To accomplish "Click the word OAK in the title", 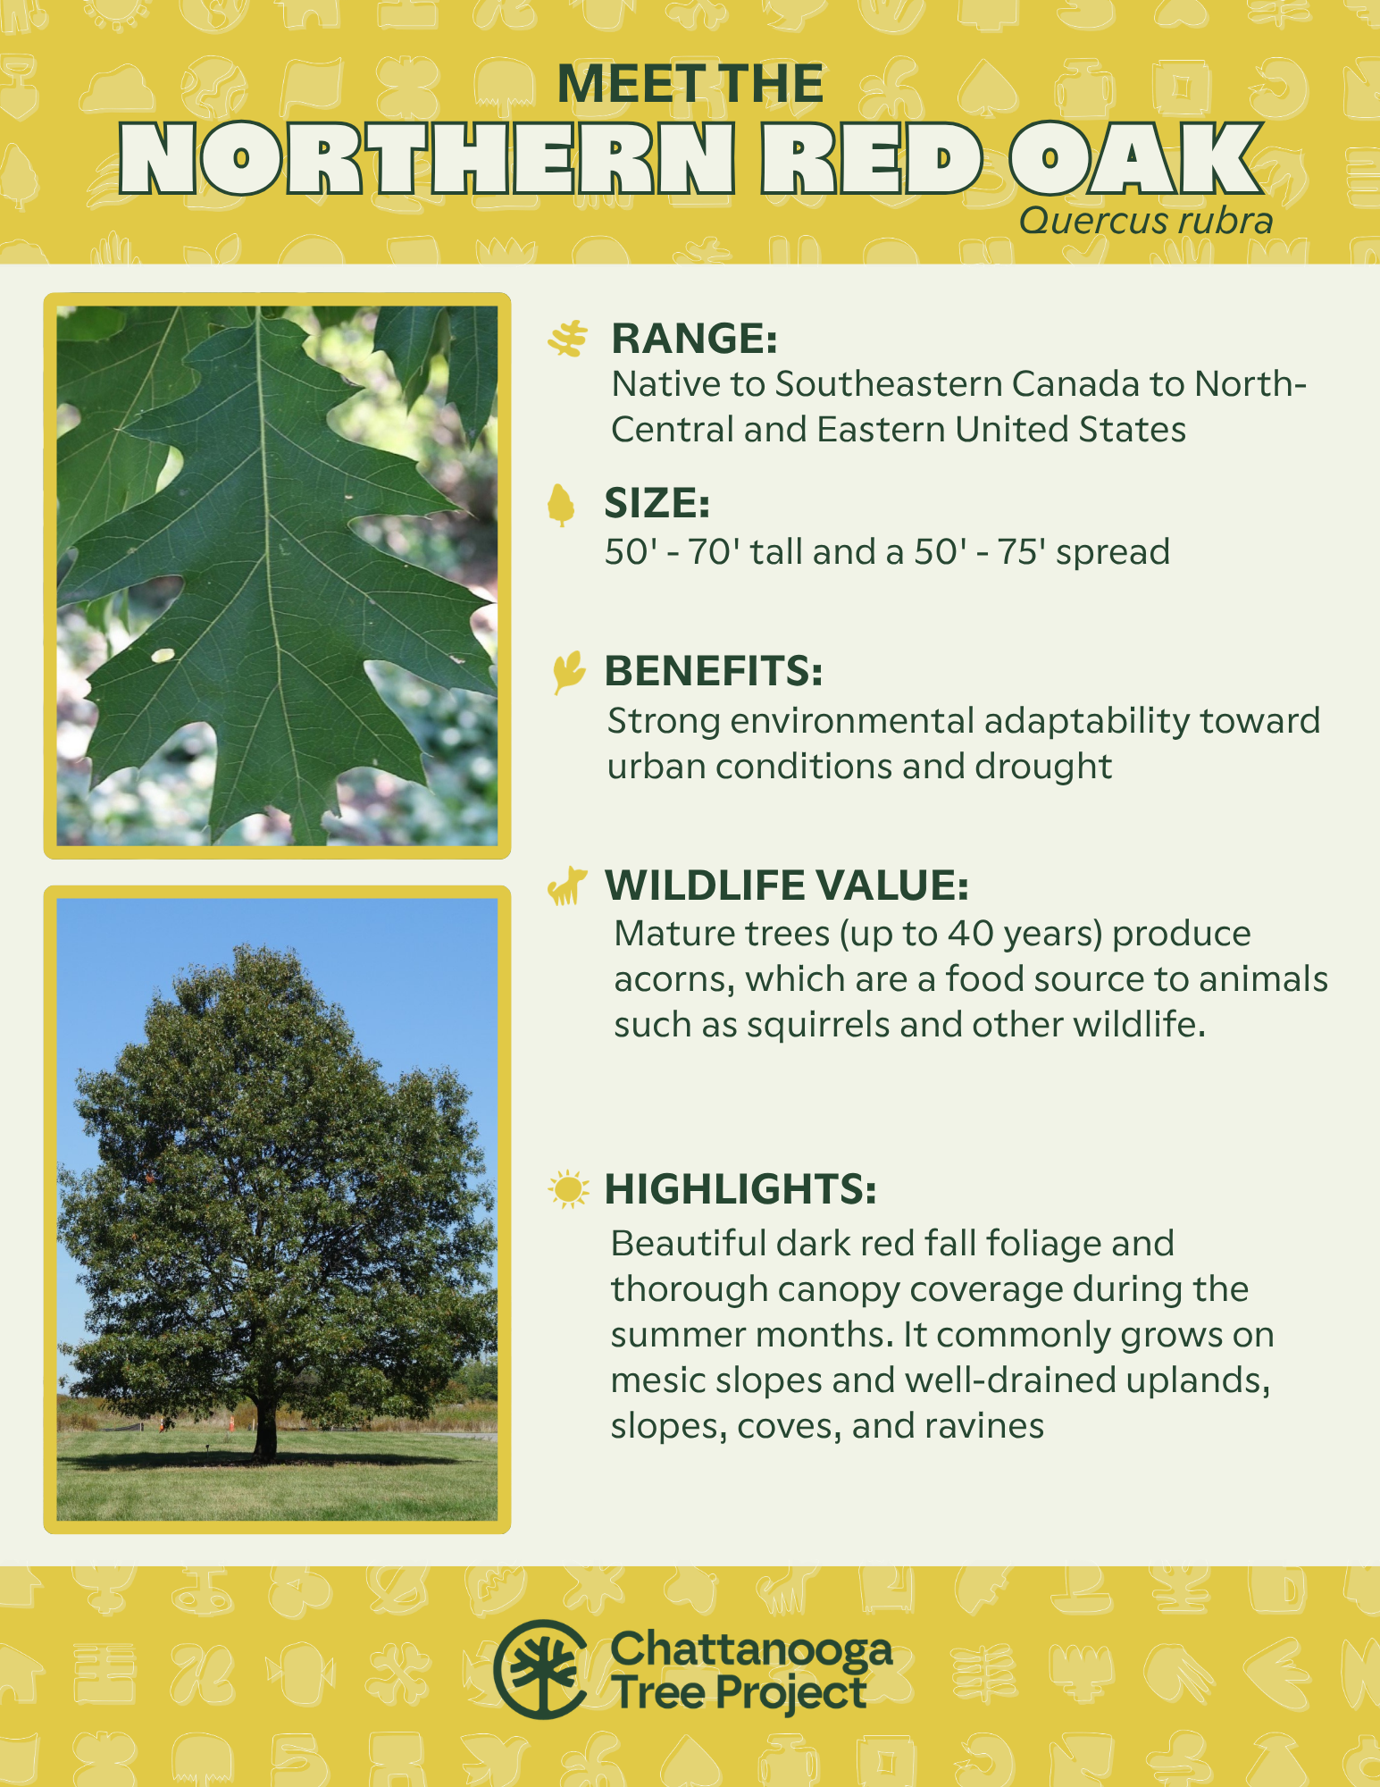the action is [x=1137, y=159].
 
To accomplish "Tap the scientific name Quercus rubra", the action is [x=1146, y=221].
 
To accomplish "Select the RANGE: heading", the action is [x=694, y=339].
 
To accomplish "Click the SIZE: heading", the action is [x=657, y=503].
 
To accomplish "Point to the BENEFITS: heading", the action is [x=713, y=671].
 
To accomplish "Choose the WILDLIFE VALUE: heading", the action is [x=786, y=885].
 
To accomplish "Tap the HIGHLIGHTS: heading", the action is [x=740, y=1189].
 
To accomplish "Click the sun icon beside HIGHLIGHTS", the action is [x=569, y=1189].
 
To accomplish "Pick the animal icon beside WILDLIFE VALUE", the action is [x=567, y=885].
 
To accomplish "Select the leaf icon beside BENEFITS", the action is [x=568, y=672].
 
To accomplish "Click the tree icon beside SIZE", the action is [x=561, y=505].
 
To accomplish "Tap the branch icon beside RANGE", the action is [x=568, y=340].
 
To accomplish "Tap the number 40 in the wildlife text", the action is [x=971, y=934].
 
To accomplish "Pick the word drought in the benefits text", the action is [x=1043, y=767].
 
